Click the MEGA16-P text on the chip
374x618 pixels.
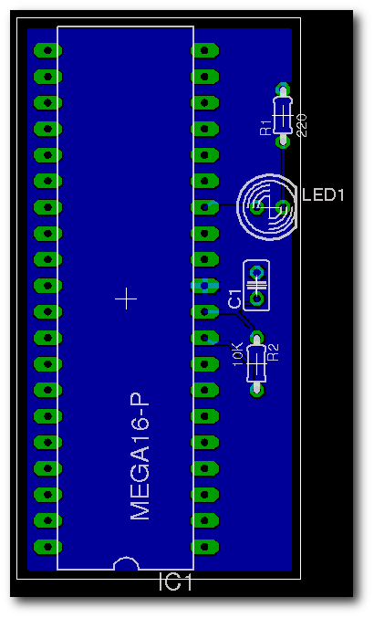coord(140,456)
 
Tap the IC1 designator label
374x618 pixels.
coord(175,582)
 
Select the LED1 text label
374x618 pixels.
coord(323,194)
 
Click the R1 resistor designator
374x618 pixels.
coord(265,128)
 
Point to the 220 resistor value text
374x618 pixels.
coord(302,125)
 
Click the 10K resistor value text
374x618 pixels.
coord(238,354)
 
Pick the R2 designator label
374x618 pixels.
coord(273,352)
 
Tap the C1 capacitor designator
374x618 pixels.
coord(234,299)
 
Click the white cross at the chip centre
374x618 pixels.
coord(126,299)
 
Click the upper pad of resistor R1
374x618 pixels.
coord(283,89)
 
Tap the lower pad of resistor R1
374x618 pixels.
coord(283,141)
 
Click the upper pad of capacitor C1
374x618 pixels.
coord(257,272)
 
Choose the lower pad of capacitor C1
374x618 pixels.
coord(257,299)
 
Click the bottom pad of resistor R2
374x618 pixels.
coord(256,390)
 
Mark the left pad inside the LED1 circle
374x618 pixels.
coord(257,206)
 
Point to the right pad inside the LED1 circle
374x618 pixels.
coord(283,206)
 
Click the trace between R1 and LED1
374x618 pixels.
coord(283,173)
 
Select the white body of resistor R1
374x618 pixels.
coord(283,115)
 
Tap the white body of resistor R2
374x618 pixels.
coord(256,363)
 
